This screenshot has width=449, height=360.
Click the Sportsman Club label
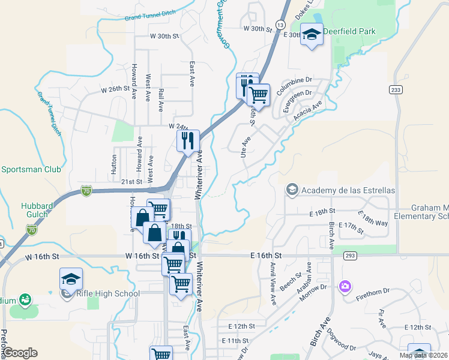[x=31, y=170]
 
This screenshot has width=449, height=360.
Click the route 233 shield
[x=396, y=89]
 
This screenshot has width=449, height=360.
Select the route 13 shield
[x=280, y=24]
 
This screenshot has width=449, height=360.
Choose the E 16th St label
[x=265, y=255]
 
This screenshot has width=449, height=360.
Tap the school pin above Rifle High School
[x=71, y=279]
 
